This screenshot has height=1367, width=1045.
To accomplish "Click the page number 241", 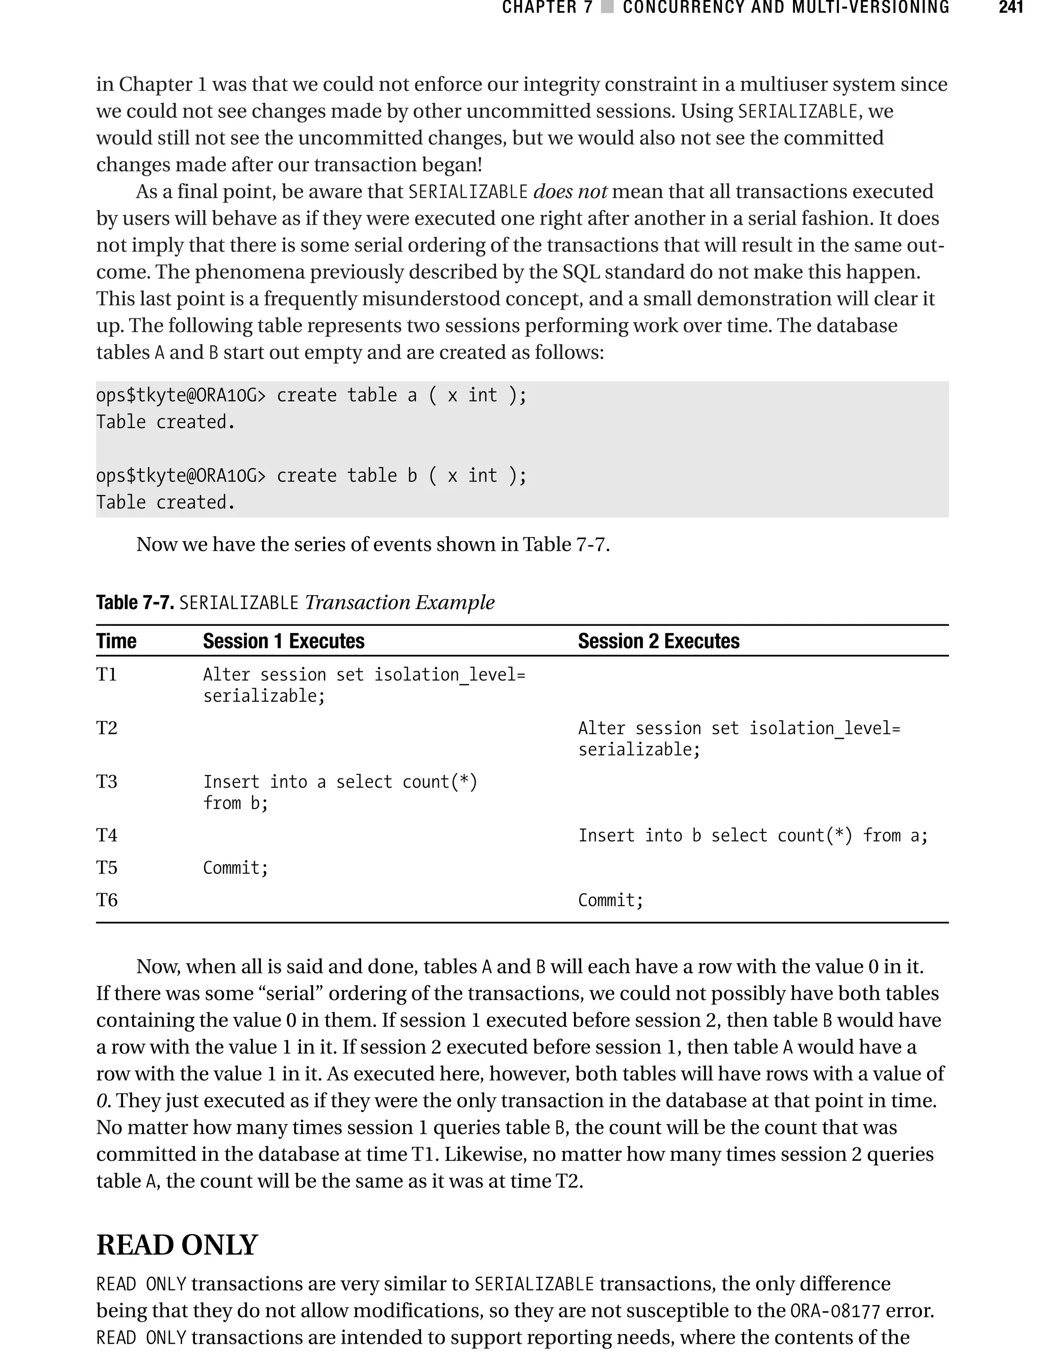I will (x=1010, y=8).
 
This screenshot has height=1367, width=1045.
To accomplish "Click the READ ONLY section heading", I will (x=177, y=1245).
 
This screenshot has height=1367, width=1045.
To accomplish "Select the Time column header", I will (x=116, y=641).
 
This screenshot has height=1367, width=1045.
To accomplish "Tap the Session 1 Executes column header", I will (x=284, y=641).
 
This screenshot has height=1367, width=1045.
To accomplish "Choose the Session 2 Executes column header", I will (x=658, y=641).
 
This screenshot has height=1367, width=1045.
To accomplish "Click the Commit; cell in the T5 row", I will (x=236, y=867).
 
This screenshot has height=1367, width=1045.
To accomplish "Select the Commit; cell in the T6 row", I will (x=610, y=900).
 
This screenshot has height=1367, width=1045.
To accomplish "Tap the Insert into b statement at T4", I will (x=753, y=835).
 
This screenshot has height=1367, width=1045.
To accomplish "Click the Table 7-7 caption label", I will (x=134, y=602).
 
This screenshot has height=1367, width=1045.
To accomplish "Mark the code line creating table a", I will (x=311, y=395).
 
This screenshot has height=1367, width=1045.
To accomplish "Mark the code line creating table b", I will (x=311, y=475).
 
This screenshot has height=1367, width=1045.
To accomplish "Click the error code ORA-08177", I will (x=835, y=1310).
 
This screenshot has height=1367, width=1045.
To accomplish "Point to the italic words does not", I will (x=570, y=191).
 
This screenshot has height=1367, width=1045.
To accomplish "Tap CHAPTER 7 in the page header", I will (x=548, y=8).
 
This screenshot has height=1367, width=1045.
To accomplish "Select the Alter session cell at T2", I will (x=739, y=738).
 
